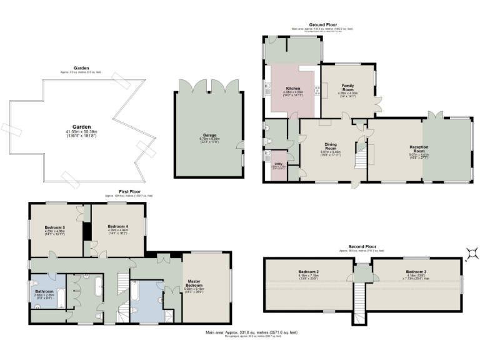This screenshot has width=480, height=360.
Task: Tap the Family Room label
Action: [x=348, y=87]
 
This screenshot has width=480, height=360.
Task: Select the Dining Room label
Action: [x=331, y=146]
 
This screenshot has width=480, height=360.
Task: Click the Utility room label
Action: [x=278, y=166]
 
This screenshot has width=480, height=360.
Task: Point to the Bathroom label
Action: [x=44, y=291]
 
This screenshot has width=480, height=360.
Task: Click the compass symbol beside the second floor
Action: [x=473, y=252]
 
